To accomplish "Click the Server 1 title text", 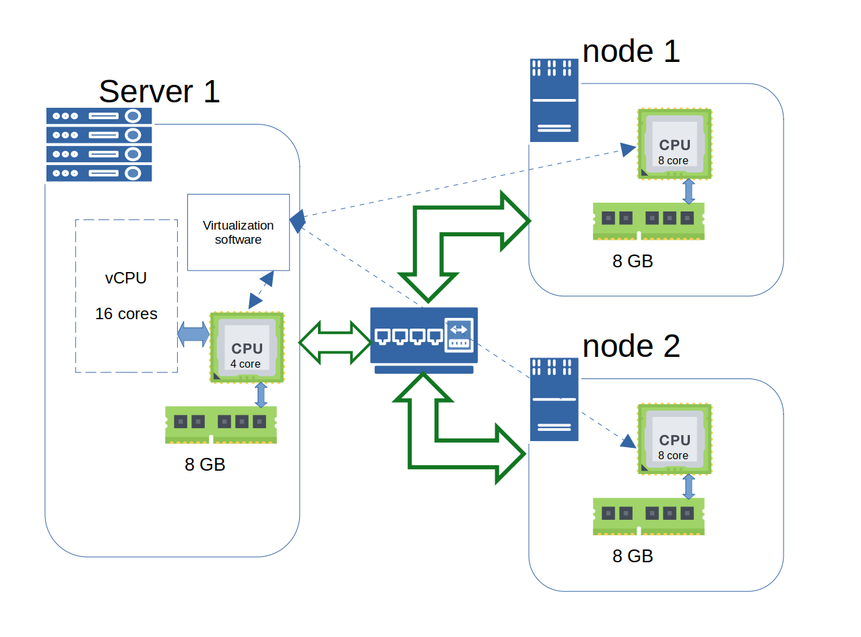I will [x=159, y=91].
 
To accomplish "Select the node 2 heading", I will [x=631, y=345].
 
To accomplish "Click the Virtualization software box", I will [x=238, y=232].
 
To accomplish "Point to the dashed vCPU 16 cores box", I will [x=126, y=295].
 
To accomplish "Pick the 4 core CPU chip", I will [x=247, y=347].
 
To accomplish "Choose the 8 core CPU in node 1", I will [x=674, y=144].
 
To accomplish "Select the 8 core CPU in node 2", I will [x=674, y=439].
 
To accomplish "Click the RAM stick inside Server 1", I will [x=220, y=424].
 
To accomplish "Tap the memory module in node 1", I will [x=648, y=220].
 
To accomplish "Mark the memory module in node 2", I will [x=648, y=516].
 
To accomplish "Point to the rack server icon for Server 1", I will [x=99, y=144].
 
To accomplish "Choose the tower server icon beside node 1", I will [x=554, y=100].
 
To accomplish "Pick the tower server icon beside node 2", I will [x=554, y=399].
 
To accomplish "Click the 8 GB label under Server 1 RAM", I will [x=205, y=465].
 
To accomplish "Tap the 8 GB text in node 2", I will [x=633, y=556].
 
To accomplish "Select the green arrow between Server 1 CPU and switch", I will [x=335, y=343].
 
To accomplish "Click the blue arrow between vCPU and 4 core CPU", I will [x=193, y=335].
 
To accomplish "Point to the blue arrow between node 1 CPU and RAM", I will [x=689, y=191].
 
